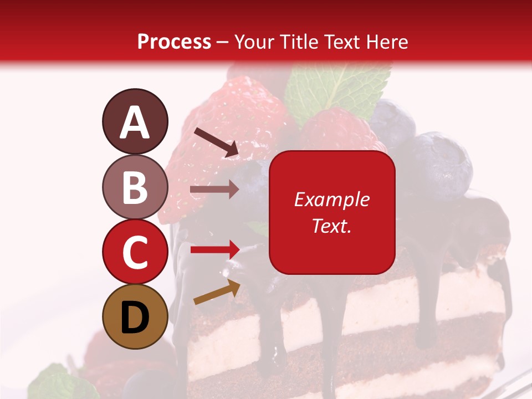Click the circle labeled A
click(x=135, y=121)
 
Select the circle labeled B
click(x=135, y=187)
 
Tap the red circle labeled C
click(x=135, y=252)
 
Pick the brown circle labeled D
click(x=135, y=316)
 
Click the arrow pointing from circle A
click(x=216, y=141)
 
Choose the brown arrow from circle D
click(x=217, y=293)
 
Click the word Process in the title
click(x=174, y=42)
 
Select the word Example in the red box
click(x=332, y=199)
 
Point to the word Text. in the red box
click(x=332, y=226)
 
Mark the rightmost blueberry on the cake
click(x=441, y=163)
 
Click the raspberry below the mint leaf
click(x=332, y=130)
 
